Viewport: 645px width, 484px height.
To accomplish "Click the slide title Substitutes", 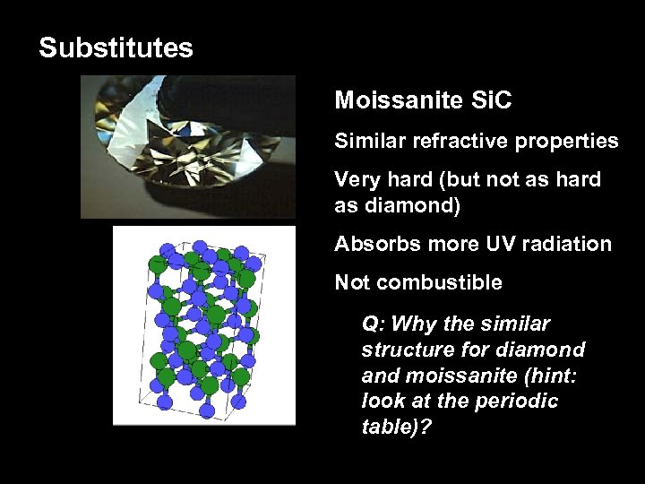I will [116, 48].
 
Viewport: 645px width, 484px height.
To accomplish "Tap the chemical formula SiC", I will [491, 100].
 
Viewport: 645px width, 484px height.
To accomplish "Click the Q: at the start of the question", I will [374, 324].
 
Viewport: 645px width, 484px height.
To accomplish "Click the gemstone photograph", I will [188, 147].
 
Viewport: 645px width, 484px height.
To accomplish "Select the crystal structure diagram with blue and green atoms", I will [203, 325].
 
